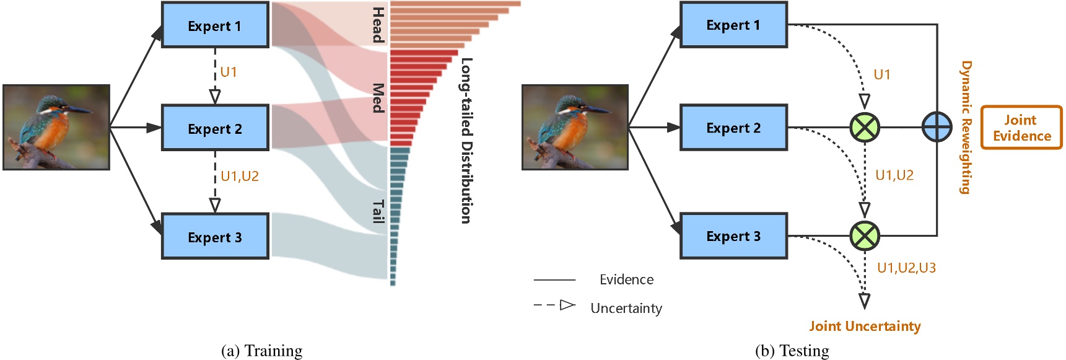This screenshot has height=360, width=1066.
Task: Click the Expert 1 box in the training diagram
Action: tap(215, 25)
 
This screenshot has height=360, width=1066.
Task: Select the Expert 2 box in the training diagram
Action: tap(215, 128)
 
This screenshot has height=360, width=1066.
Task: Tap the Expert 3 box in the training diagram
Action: tap(215, 237)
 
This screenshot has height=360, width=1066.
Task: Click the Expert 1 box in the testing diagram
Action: tap(733, 25)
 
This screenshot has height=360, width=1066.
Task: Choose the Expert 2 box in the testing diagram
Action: tap(733, 128)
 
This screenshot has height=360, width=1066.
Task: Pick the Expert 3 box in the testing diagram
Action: tap(733, 236)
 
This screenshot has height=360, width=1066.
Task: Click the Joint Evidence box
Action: tap(1021, 128)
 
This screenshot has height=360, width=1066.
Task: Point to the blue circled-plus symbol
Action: tap(937, 127)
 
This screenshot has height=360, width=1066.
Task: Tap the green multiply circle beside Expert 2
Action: tap(865, 127)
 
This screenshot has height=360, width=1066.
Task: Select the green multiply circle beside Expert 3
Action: tap(865, 235)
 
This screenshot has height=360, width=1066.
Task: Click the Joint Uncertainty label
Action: tap(865, 327)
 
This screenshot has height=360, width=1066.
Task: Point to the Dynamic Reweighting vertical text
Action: tap(966, 127)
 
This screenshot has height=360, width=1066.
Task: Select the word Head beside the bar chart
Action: tap(378, 25)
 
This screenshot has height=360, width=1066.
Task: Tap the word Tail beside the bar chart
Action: tap(378, 211)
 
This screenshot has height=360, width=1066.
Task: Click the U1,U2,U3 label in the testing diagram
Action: tap(906, 268)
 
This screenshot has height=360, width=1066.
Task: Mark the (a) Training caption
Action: tap(261, 351)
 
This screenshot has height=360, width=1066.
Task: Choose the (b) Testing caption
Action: tap(792, 351)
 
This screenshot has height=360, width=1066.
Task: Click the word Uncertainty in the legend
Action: tap(626, 309)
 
